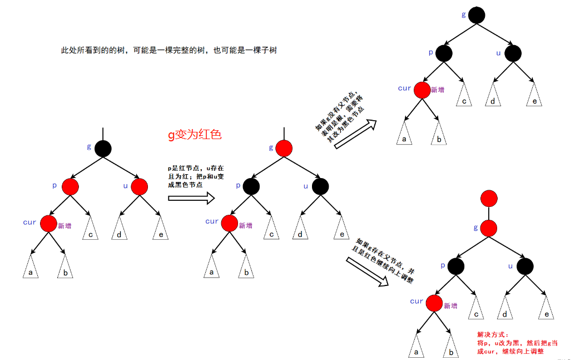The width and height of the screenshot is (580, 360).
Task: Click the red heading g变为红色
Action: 195,134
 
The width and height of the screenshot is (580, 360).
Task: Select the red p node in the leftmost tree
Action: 70,186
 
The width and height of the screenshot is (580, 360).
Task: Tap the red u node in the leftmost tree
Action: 138,186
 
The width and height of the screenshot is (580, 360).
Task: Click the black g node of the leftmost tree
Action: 103,149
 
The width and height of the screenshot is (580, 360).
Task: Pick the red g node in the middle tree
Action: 284,149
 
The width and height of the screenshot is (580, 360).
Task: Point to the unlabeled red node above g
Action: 489,198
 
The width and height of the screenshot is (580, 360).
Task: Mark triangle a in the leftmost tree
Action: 31,268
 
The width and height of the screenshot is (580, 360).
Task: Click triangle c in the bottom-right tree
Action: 477,309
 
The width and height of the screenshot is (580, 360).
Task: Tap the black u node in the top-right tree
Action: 513,53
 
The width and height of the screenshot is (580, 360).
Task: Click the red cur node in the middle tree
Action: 229,224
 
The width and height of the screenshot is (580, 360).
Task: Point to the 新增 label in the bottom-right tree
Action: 450,305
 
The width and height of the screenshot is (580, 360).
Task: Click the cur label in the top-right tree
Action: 405,88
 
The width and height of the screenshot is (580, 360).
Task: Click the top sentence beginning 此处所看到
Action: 168,50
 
